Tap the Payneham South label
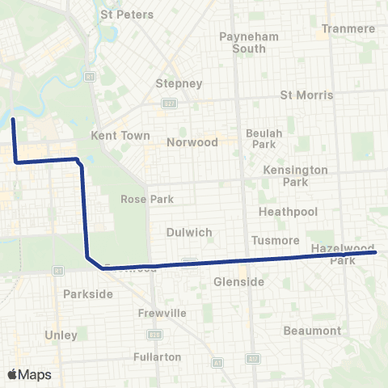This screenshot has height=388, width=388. click(243, 42)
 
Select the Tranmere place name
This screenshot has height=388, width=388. click(348, 28)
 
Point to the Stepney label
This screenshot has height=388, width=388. click(179, 83)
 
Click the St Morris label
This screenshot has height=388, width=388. click(306, 95)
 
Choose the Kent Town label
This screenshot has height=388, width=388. click(121, 135)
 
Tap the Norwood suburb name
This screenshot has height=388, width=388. click(192, 141)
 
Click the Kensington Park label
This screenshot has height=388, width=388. click(296, 175)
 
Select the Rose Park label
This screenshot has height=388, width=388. click(142, 199)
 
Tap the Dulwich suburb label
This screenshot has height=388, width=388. click(188, 232)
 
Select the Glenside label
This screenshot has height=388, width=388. click(238, 281)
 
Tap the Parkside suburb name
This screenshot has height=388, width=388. click(88, 294)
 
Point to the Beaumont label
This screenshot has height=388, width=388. click(312, 331)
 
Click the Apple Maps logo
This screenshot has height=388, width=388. click(29, 374)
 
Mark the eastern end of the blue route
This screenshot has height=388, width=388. click(376, 252)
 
